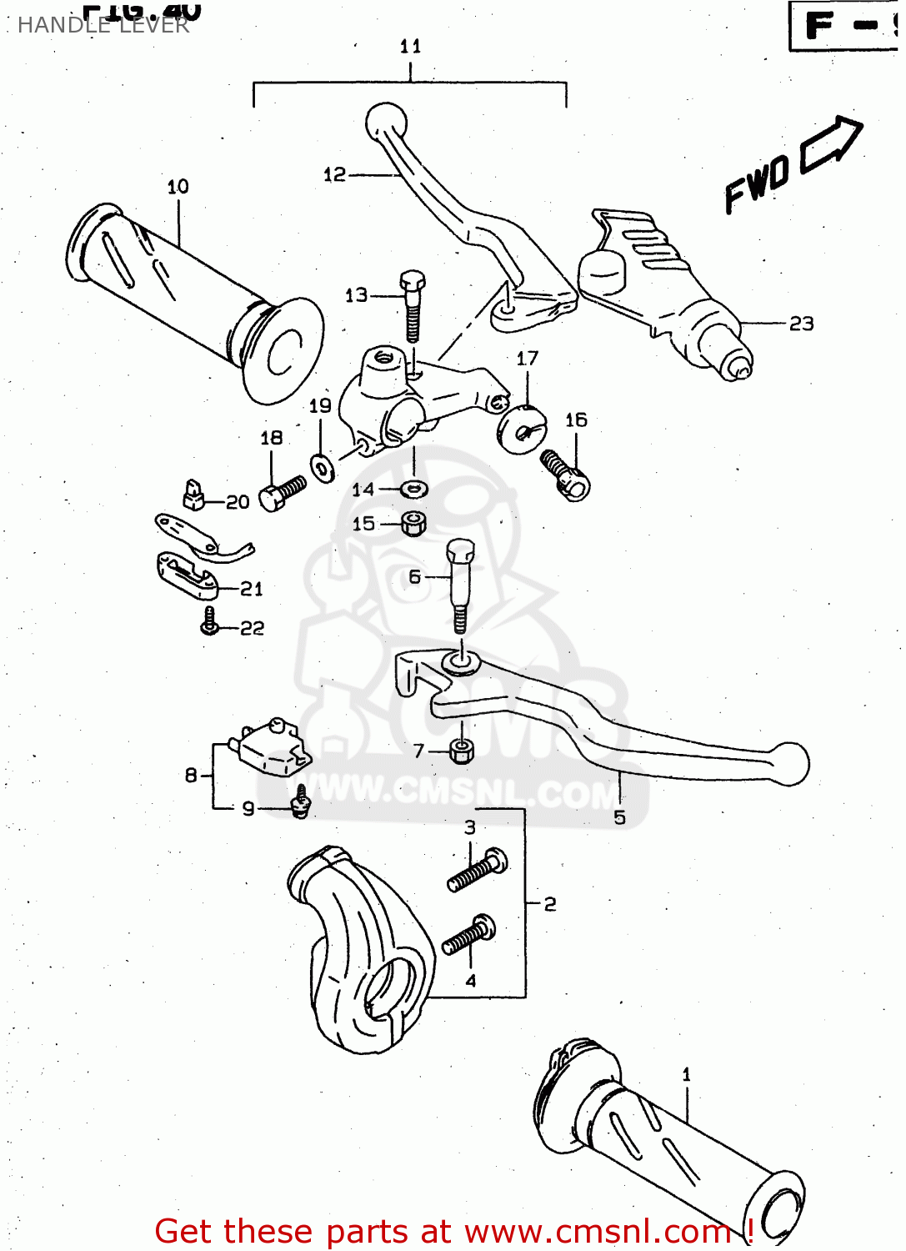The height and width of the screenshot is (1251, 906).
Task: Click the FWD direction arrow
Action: coord(830,145)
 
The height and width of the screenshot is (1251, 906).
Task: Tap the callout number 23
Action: coord(801,324)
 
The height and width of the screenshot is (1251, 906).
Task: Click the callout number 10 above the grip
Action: coord(178,187)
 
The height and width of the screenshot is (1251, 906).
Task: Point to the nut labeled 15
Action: coord(414,524)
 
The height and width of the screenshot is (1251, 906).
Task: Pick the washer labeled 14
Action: coord(414,489)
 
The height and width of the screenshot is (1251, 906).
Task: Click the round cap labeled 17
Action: coord(521,429)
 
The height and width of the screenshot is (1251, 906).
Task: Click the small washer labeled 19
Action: coord(322,467)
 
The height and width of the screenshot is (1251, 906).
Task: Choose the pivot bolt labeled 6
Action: coord(459,584)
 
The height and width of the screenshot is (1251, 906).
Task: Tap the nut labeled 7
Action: coord(461,750)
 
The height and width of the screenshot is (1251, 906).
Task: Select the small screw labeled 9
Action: coord(301,801)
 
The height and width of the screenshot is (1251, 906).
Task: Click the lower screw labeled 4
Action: coord(469,936)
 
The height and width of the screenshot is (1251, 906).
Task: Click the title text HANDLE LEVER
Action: coord(103,25)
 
